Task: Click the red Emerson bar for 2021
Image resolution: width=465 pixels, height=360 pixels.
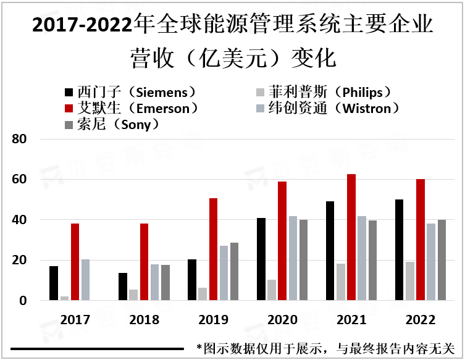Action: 351,237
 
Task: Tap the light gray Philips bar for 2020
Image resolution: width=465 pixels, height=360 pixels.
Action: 272,290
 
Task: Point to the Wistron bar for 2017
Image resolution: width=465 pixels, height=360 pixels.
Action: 86,280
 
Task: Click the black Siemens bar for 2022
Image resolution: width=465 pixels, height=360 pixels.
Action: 400,250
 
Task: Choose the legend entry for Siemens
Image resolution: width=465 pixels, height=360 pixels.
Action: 130,93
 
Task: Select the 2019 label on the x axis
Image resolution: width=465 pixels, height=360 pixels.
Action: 213,320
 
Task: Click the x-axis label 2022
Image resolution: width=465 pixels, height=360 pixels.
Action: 421,320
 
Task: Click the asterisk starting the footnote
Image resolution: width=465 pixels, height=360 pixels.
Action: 199,348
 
